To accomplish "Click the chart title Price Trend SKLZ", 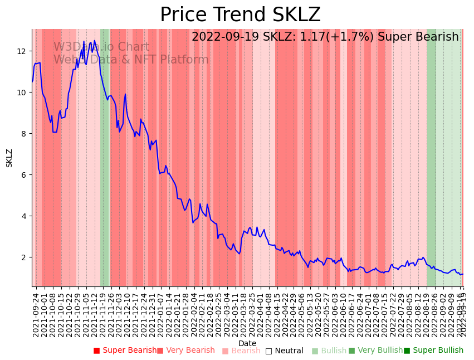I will point(240,15).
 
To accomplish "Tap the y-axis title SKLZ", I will point(9,158).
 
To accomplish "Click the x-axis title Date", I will point(247,343).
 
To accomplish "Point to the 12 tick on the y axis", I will point(22,51).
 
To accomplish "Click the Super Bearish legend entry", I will point(125,351).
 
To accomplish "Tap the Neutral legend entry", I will point(285,351).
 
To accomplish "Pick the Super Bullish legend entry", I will point(433,351).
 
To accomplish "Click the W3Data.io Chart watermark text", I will point(101,47).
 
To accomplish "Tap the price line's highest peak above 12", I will point(95,40).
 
